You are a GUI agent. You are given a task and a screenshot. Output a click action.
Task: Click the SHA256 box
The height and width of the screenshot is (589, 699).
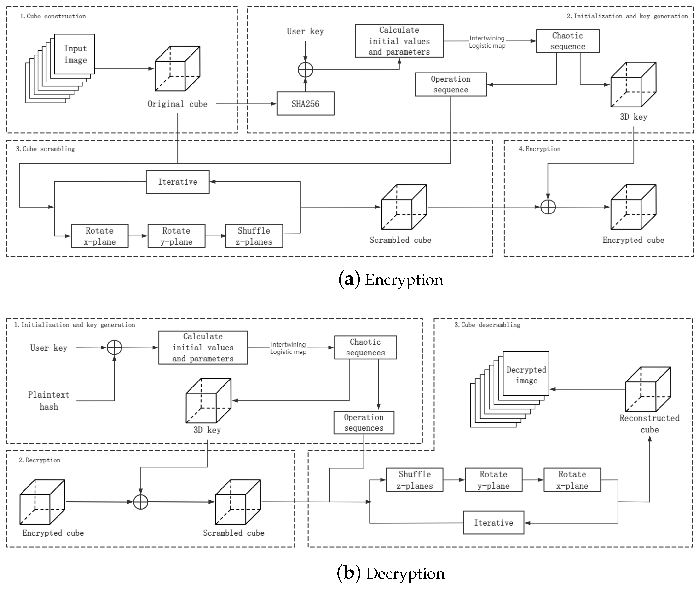click(x=305, y=104)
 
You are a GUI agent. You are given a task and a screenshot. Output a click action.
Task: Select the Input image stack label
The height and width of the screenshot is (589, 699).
click(x=75, y=54)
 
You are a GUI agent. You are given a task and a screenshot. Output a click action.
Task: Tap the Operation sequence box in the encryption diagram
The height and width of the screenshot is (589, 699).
click(x=450, y=84)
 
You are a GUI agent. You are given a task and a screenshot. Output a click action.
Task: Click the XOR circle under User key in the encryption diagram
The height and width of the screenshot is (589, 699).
click(x=305, y=70)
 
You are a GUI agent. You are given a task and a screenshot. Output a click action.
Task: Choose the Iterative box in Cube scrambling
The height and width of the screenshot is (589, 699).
click(x=178, y=182)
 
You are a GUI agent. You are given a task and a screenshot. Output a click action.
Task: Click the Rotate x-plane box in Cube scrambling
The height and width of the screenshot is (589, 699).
click(x=100, y=236)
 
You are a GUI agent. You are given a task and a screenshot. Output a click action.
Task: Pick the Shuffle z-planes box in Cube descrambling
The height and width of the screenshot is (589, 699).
click(x=415, y=480)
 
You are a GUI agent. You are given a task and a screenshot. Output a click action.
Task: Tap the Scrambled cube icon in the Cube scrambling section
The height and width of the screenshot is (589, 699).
click(x=404, y=207)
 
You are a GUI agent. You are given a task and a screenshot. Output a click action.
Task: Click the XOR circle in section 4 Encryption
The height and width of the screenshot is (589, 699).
click(x=548, y=207)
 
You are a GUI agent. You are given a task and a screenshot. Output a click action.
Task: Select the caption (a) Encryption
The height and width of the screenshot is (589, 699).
click(x=390, y=280)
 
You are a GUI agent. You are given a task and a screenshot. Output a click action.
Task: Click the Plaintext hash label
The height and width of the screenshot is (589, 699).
click(x=49, y=401)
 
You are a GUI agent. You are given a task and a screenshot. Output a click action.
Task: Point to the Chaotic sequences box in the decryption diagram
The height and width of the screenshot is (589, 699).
click(x=365, y=347)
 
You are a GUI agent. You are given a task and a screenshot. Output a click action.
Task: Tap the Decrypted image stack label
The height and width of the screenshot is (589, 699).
click(x=526, y=375)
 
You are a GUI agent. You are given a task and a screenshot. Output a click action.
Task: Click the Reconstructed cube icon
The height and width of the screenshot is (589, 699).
click(x=648, y=389)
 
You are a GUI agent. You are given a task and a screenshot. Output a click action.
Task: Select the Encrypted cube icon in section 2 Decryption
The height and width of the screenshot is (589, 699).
click(x=42, y=502)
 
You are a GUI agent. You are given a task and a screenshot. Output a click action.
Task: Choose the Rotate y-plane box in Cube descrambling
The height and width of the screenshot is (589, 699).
click(x=493, y=480)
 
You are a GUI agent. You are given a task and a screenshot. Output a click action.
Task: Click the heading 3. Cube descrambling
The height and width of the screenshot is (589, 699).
click(x=487, y=325)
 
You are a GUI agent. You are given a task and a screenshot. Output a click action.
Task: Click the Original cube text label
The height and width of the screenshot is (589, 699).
click(x=177, y=104)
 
